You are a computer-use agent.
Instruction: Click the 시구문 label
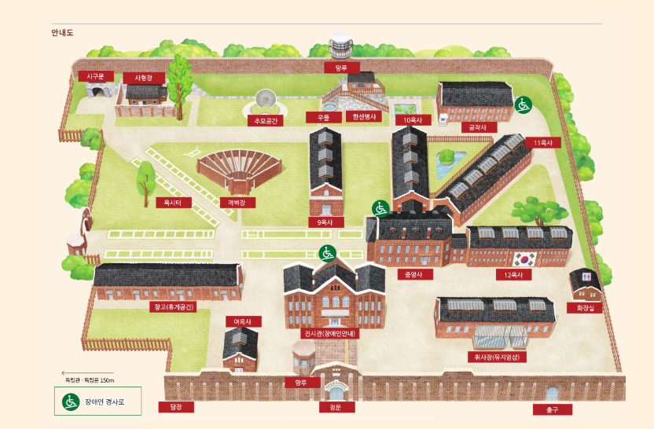pyautogui.click(x=96, y=76)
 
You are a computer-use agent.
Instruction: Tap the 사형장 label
pyautogui.click(x=142, y=78)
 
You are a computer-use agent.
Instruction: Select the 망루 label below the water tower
pyautogui.click(x=340, y=68)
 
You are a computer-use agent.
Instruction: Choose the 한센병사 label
pyautogui.click(x=365, y=117)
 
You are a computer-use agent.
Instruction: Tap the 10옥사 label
pyautogui.click(x=413, y=120)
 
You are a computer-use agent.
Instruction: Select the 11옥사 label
pyautogui.click(x=542, y=143)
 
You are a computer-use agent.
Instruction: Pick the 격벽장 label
pyautogui.click(x=237, y=202)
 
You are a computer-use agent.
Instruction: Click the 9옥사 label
pyautogui.click(x=325, y=222)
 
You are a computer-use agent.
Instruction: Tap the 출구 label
pyautogui.click(x=550, y=409)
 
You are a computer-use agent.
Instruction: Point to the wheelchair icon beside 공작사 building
pyautogui.click(x=522, y=104)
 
